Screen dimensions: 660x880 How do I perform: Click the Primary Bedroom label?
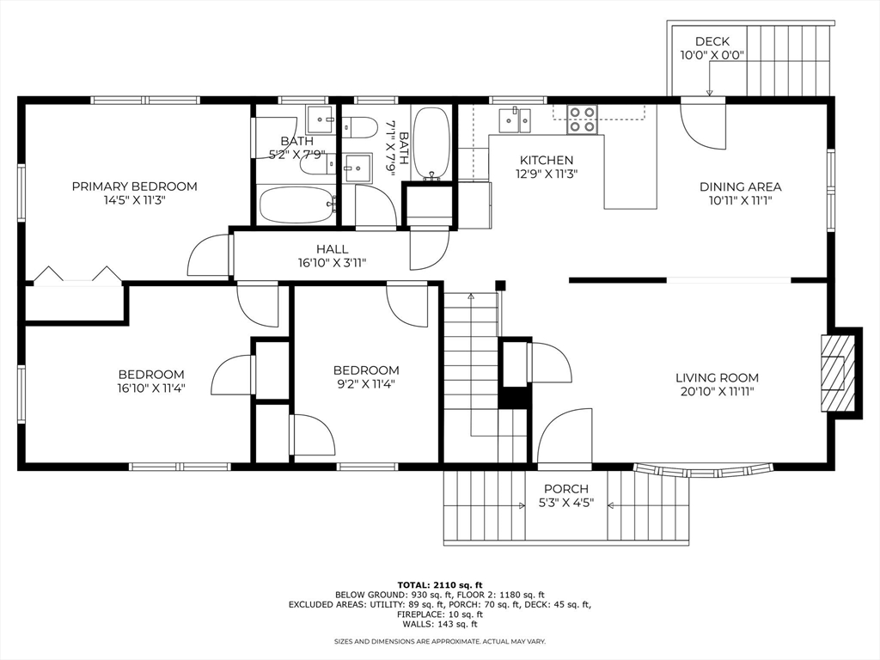pos(134,186)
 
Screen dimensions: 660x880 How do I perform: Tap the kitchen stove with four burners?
pos(583,119)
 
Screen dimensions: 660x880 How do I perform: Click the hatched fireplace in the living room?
pos(833,373)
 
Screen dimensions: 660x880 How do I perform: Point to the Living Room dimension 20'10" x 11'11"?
pos(717,392)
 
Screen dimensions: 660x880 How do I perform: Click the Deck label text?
pos(712,41)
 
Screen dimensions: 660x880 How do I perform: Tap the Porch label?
pos(565,489)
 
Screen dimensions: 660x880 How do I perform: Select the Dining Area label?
pos(740,186)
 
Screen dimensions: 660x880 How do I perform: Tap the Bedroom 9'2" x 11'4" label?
pos(366,370)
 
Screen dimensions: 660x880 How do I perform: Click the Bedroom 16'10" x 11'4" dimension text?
pos(151,388)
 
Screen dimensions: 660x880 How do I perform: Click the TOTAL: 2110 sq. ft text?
pos(439,584)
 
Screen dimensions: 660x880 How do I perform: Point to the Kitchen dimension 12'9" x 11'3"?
pos(547,174)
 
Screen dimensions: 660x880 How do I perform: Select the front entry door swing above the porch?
pos(565,436)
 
